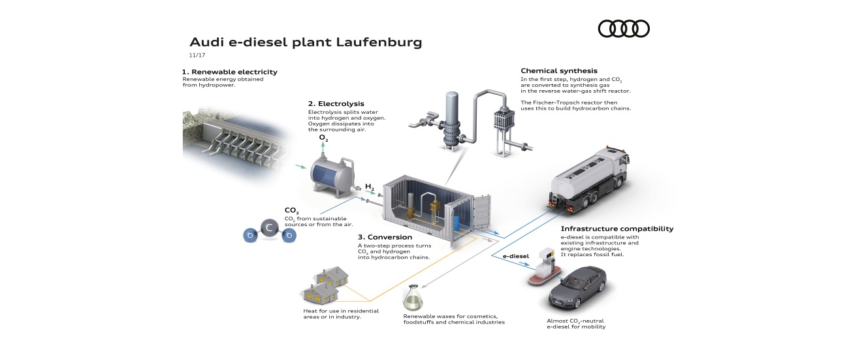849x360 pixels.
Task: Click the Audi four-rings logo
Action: click(624, 29)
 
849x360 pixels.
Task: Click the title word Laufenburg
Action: click(379, 42)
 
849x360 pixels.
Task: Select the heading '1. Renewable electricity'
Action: click(230, 72)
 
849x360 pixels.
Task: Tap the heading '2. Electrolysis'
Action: click(336, 104)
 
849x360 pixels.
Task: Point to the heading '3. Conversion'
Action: click(385, 237)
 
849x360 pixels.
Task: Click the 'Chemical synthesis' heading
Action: click(558, 71)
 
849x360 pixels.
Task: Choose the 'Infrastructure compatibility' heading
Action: click(617, 229)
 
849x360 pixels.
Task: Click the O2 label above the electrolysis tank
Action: click(323, 138)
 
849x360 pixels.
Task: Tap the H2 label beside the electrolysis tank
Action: click(369, 187)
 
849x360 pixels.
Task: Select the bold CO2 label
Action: click(291, 210)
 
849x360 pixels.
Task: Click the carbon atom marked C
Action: click(269, 228)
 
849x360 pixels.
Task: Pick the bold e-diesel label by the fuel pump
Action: click(516, 256)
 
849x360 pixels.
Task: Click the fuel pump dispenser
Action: click(545, 265)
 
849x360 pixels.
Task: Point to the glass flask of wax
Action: click(412, 297)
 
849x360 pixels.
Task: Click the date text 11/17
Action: click(197, 55)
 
